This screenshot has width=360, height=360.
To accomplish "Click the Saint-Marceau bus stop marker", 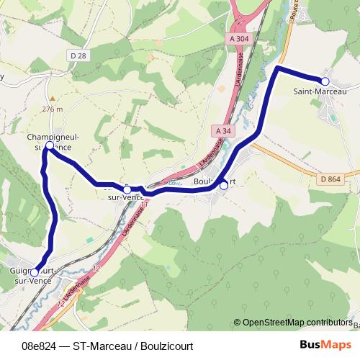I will tap(325, 81).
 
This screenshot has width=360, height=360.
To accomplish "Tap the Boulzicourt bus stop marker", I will tap(223, 186).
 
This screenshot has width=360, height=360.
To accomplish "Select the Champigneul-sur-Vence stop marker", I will tap(49, 145).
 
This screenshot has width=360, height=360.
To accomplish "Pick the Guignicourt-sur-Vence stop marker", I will tap(35, 272).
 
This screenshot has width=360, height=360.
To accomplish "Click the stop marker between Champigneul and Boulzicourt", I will tap(127, 189).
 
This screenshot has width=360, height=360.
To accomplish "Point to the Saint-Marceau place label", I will tap(320, 92).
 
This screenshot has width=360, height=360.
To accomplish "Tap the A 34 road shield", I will tap(223, 130).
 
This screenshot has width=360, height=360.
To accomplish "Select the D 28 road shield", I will tap(79, 55).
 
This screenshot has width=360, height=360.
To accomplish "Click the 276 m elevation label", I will tap(53, 109).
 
